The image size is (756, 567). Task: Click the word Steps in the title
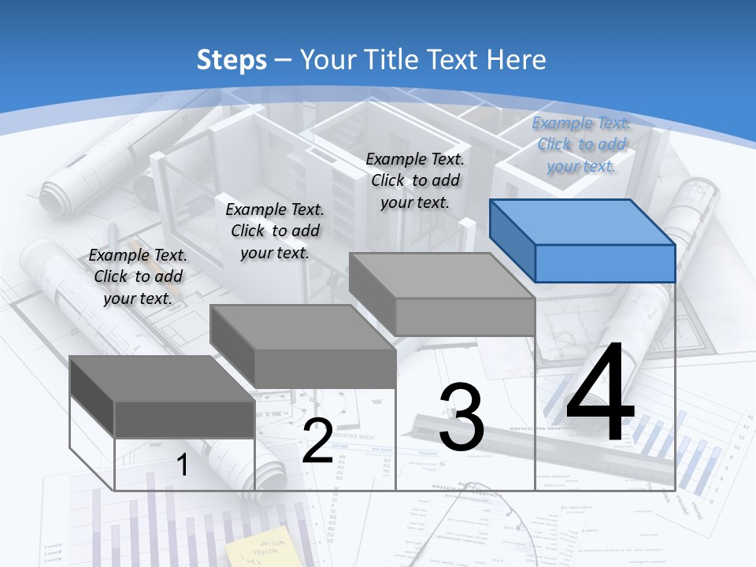(x=232, y=60)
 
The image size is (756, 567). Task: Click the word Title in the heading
(x=393, y=60)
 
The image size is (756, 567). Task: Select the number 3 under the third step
(x=461, y=417)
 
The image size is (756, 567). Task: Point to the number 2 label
(x=317, y=441)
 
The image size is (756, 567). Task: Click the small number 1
(x=182, y=465)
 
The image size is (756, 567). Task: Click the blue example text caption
(x=581, y=145)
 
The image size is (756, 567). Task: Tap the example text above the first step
(x=138, y=277)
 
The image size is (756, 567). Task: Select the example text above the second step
(x=275, y=232)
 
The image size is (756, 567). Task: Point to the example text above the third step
(x=415, y=181)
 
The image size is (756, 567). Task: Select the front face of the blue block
(x=605, y=263)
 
